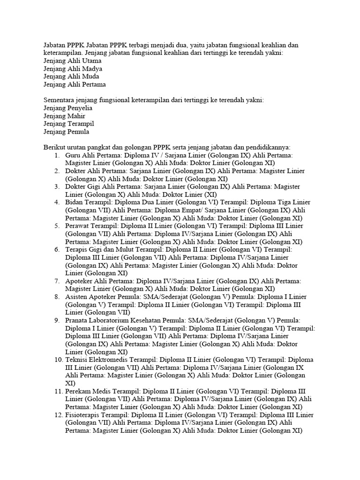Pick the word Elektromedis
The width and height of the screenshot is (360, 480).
[x=112, y=360]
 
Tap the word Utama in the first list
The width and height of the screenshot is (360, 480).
[x=92, y=60]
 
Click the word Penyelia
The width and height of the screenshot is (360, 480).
[x=80, y=108]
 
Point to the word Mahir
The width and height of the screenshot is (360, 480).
[x=76, y=116]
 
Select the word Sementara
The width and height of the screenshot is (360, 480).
[x=60, y=100]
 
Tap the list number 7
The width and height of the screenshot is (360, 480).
[x=57, y=281]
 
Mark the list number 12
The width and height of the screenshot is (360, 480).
[x=56, y=415]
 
